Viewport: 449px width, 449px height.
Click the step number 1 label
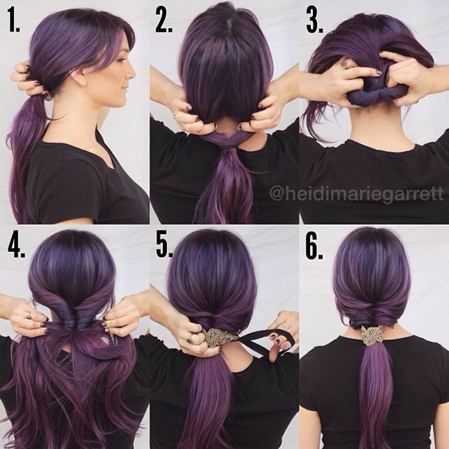click(x=14, y=21)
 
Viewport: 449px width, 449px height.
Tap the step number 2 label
click(x=164, y=21)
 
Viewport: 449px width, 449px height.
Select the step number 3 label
click(x=314, y=21)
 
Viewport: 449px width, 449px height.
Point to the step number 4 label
click(x=16, y=246)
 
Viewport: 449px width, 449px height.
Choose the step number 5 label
click(x=164, y=246)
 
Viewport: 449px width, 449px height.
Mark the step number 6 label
click(x=314, y=246)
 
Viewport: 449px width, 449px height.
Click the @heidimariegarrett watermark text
click(x=357, y=195)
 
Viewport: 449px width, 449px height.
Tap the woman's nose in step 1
click(x=132, y=73)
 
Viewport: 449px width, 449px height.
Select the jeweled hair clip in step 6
click(x=372, y=335)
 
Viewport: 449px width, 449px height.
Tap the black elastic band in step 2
click(x=227, y=146)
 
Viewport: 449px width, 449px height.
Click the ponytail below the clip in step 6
click(x=373, y=395)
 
